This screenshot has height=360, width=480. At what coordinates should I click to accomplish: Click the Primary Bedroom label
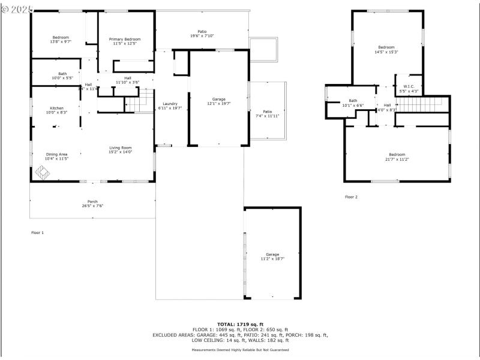click(x=125, y=41)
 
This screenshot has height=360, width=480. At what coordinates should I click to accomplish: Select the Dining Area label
click(x=56, y=156)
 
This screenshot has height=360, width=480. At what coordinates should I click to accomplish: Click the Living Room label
click(x=120, y=150)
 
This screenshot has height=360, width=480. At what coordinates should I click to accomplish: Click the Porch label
click(x=92, y=203)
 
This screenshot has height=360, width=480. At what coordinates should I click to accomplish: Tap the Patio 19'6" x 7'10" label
click(x=202, y=34)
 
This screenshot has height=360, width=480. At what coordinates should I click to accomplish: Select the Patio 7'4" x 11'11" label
click(x=267, y=113)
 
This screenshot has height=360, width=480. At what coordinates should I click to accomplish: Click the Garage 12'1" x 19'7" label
click(x=218, y=101)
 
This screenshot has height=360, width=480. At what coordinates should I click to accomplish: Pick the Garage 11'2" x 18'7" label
click(x=272, y=256)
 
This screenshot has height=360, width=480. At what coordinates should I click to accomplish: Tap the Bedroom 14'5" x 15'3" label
click(x=386, y=49)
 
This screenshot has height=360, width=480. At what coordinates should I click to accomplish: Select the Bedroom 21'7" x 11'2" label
click(x=396, y=157)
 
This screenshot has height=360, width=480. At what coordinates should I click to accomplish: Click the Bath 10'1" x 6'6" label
click(x=353, y=103)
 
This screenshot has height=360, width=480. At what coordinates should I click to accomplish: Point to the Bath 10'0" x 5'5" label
click(x=62, y=76)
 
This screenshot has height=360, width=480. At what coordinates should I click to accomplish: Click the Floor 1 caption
click(x=37, y=232)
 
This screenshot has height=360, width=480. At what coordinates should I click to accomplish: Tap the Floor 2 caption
click(x=351, y=197)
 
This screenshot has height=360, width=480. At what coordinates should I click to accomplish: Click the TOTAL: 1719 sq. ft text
click(x=240, y=324)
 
